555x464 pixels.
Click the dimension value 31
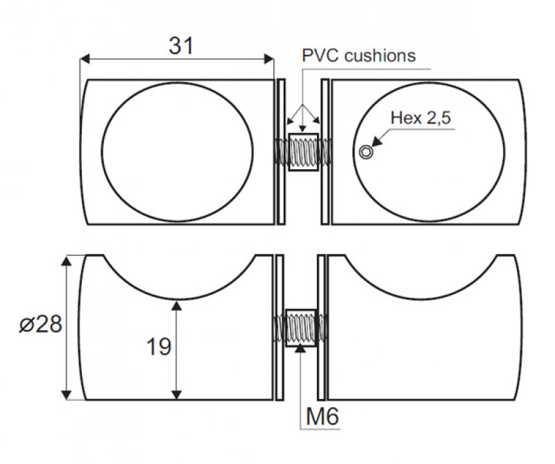(x=180, y=46)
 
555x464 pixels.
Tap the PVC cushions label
(x=358, y=55)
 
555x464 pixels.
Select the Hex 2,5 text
(x=420, y=117)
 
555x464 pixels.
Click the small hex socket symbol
(x=366, y=153)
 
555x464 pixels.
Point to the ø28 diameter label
(x=40, y=325)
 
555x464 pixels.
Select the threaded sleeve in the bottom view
(x=300, y=327)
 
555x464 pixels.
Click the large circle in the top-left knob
(x=178, y=152)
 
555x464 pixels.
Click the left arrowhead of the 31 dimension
(x=85, y=60)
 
